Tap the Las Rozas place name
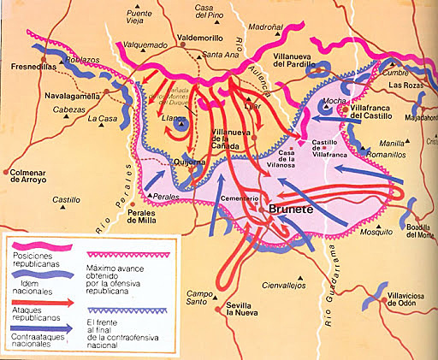tap(407, 86)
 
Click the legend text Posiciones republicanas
tap(39, 260)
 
